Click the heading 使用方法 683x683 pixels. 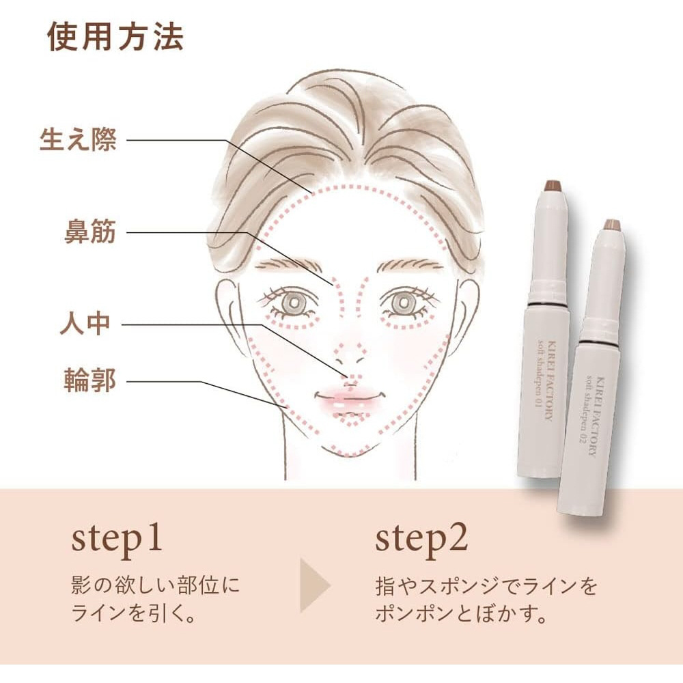pyautogui.click(x=115, y=37)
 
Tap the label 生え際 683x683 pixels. pyautogui.click(x=79, y=140)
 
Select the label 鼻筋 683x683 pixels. pyautogui.click(x=90, y=232)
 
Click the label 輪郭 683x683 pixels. pyautogui.click(x=90, y=380)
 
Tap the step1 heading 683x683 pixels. pyautogui.click(x=117, y=540)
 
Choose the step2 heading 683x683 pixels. pyautogui.click(x=421, y=540)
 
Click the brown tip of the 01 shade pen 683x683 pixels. pyautogui.click(x=553, y=186)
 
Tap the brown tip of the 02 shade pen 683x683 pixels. pyautogui.click(x=611, y=225)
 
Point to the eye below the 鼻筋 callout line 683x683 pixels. pyautogui.click(x=290, y=303)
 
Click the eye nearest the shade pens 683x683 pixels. pyautogui.click(x=404, y=303)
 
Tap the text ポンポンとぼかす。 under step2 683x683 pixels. pyautogui.click(x=461, y=613)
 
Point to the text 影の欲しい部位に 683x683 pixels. pyautogui.click(x=156, y=585)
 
